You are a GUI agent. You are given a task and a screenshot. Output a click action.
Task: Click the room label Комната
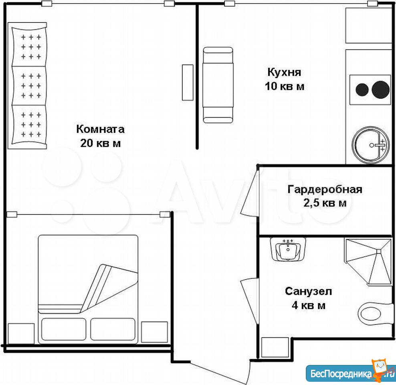pyautogui.click(x=100, y=129)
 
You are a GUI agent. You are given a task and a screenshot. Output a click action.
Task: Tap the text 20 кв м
pyautogui.click(x=100, y=143)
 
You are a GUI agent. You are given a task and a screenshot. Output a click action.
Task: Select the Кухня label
pyautogui.click(x=284, y=72)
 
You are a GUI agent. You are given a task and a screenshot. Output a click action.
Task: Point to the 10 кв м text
pyautogui.click(x=284, y=86)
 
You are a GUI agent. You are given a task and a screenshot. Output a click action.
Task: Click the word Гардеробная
pyautogui.click(x=325, y=189)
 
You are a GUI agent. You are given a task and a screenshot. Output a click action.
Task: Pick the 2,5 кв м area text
pyautogui.click(x=325, y=203)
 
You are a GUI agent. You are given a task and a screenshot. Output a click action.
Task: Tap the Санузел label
pyautogui.click(x=308, y=291)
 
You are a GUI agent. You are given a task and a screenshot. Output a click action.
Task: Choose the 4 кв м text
pyautogui.click(x=308, y=306)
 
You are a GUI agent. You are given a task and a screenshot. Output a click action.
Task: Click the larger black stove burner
pyautogui.click(x=381, y=89)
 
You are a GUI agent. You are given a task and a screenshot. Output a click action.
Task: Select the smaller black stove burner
pyautogui.click(x=362, y=89)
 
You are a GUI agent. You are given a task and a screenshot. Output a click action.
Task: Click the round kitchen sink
pyautogui.click(x=371, y=145)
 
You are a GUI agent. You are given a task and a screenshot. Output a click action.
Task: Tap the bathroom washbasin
pyautogui.click(x=288, y=249)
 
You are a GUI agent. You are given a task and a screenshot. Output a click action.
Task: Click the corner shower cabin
pyautogui.click(x=368, y=262)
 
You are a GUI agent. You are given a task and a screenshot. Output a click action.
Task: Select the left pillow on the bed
pyautogui.click(x=64, y=329)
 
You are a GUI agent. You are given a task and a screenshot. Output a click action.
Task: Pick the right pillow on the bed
pyautogui.click(x=113, y=329)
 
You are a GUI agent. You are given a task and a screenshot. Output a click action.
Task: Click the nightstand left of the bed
pyautogui.click(x=21, y=333)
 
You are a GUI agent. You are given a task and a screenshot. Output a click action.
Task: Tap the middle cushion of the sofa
pyautogui.click(x=29, y=86)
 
